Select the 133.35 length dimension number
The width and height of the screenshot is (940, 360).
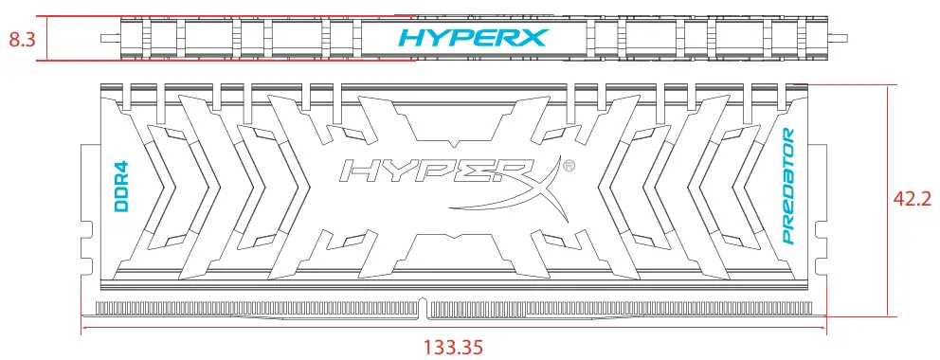pos(454,346)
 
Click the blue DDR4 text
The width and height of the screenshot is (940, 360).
pos(121,185)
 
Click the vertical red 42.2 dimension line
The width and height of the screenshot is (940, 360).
pos(887,200)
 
